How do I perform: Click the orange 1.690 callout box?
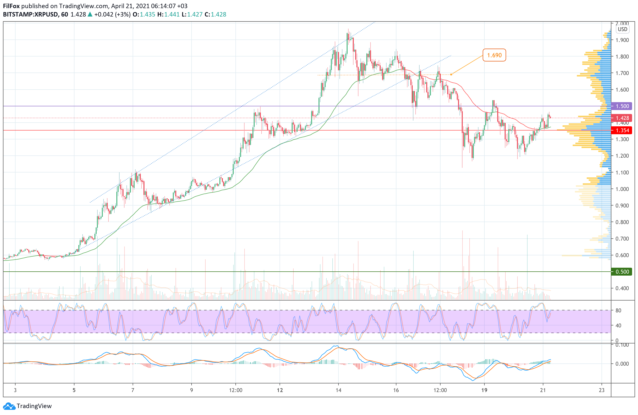(x=494, y=55)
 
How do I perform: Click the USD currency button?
(x=622, y=29)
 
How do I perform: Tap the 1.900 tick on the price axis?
(x=622, y=40)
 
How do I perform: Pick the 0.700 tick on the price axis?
(x=622, y=239)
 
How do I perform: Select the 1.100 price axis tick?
(x=622, y=172)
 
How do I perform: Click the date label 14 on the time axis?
(x=338, y=390)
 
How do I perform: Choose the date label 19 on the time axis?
(x=484, y=390)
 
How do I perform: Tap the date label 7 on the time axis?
(x=133, y=390)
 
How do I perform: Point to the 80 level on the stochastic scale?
(x=618, y=310)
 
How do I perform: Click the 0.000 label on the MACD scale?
(x=622, y=364)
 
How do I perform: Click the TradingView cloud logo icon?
(x=9, y=406)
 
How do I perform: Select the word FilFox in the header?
(x=11, y=6)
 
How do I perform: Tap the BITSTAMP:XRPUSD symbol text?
(x=31, y=15)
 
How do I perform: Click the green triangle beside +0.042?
(x=90, y=15)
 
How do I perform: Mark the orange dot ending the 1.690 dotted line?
(x=451, y=75)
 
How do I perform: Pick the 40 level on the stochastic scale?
(x=618, y=325)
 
